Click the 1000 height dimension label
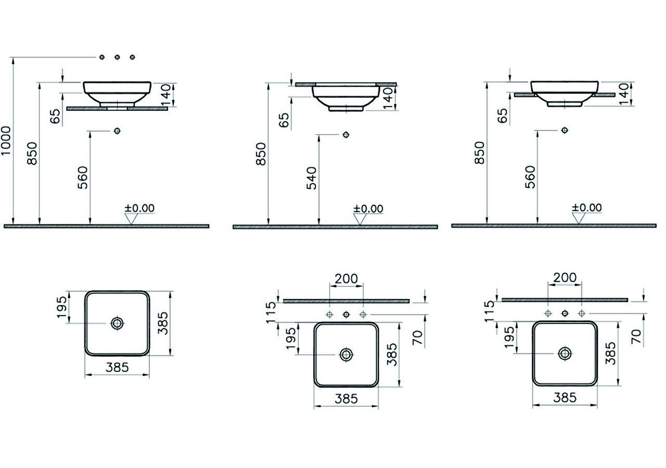click(6, 140)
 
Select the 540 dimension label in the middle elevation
click(312, 178)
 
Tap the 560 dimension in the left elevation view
click(83, 177)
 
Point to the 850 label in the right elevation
click(480, 153)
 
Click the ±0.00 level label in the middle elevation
click(368, 209)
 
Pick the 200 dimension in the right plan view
click(565, 278)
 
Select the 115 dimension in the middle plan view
click(271, 313)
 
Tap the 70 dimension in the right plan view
click(636, 336)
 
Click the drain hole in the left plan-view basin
click(117, 323)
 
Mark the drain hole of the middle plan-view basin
click(346, 355)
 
